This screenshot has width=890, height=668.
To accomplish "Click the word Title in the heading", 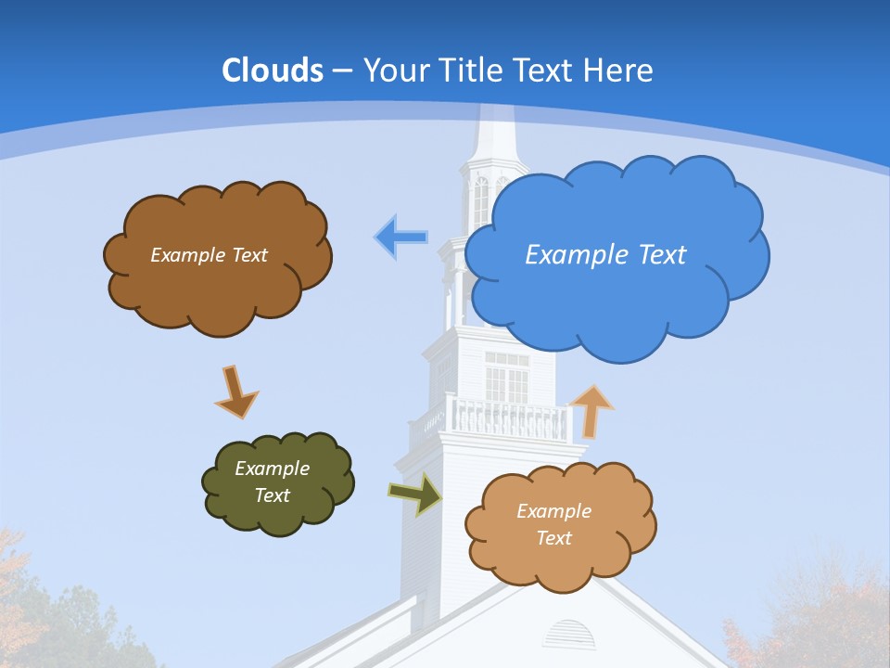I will point(470,71).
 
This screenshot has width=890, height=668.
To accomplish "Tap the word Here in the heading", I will point(618,71).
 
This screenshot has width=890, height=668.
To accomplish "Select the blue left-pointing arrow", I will point(400,238).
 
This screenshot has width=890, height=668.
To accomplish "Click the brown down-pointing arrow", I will point(235,391).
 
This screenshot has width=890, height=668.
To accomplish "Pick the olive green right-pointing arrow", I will point(415,493).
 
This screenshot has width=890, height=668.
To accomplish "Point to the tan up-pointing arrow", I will point(591,411).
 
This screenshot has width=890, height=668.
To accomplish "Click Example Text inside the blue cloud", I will point(605,254).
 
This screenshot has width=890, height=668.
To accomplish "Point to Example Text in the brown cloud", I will point(209,254).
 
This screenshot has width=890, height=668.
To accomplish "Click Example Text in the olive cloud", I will point(273,482).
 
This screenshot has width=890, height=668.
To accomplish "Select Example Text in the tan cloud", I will point(553,524).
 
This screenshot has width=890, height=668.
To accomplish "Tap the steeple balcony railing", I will point(507,418).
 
